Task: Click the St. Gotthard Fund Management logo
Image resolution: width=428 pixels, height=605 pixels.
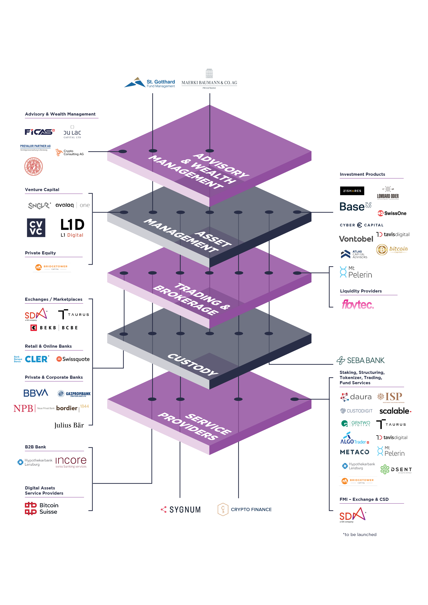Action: click(150, 83)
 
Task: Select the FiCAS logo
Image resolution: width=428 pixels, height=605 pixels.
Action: click(40, 132)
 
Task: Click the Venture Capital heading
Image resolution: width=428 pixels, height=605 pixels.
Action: click(42, 190)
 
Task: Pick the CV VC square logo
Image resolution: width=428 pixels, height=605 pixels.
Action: click(36, 228)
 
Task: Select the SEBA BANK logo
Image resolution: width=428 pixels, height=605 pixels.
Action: click(361, 360)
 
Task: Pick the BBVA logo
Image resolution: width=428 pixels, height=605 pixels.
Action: click(36, 393)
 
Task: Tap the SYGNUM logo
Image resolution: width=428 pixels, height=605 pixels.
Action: click(181, 510)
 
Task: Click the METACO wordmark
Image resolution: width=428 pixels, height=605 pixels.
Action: click(354, 452)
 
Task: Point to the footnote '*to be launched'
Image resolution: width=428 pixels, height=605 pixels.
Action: click(359, 534)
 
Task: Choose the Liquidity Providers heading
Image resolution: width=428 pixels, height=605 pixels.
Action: click(361, 291)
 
